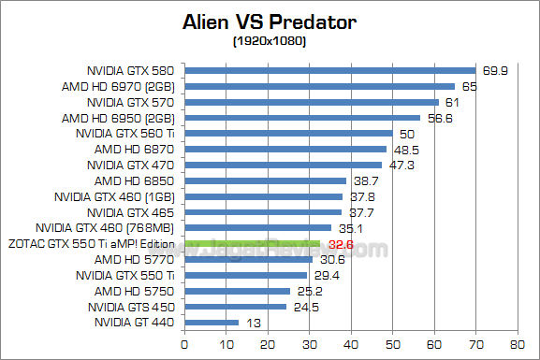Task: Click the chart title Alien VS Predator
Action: click(x=270, y=21)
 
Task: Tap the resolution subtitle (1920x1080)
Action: click(x=270, y=41)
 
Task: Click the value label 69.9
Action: click(x=496, y=70)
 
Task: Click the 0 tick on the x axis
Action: click(x=185, y=344)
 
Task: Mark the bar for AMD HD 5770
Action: click(x=248, y=259)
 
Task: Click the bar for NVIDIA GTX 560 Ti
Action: click(x=289, y=133)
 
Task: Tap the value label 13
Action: click(x=252, y=323)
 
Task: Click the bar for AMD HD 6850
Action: click(x=266, y=180)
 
